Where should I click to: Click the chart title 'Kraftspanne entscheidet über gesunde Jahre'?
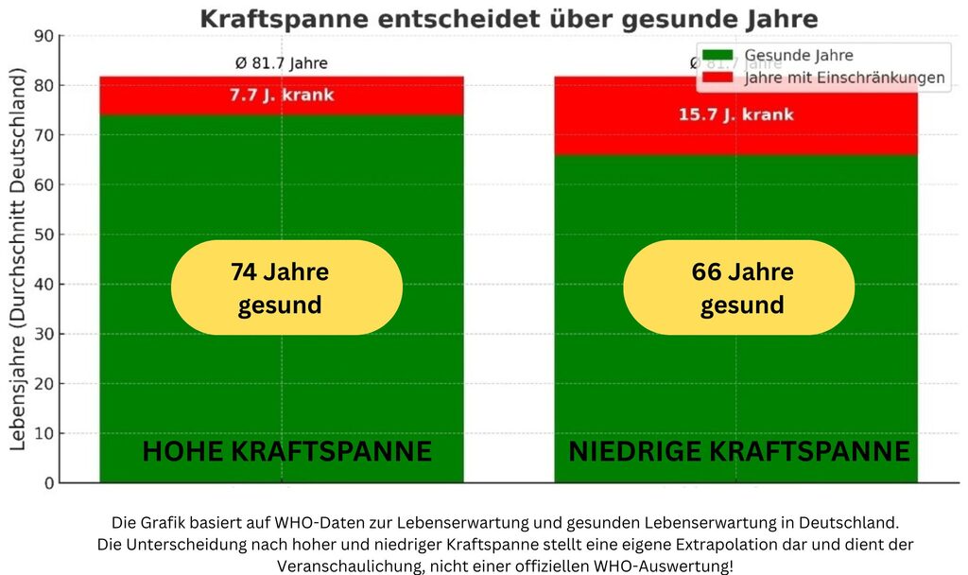pos(509,18)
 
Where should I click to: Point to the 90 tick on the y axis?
pos(43,36)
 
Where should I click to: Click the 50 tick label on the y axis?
pos(43,235)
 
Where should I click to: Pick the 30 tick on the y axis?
pos(43,334)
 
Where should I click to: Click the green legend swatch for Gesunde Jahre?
pos(717,55)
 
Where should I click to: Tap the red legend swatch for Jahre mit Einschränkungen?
pos(717,78)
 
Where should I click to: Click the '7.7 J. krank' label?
pos(281,96)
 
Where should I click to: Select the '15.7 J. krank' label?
pos(735,114)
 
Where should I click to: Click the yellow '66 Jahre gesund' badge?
pos(739,287)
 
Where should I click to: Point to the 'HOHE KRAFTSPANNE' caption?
pos(286,451)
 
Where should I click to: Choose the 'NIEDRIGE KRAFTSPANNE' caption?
pos(739,451)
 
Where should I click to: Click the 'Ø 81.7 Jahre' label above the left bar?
pos(281,63)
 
